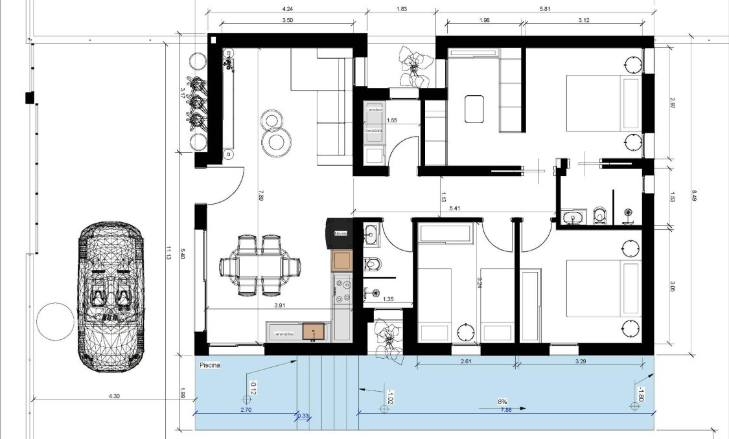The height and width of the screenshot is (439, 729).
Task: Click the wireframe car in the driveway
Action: point(109,297)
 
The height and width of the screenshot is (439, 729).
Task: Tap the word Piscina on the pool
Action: point(210,366)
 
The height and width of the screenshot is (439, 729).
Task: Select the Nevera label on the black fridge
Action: point(340,233)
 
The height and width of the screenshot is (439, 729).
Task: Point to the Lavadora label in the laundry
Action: point(374,110)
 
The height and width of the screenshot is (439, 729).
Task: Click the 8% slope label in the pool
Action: point(502,401)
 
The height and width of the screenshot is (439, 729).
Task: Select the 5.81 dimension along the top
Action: point(544,8)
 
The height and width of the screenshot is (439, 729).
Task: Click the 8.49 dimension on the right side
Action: point(693,194)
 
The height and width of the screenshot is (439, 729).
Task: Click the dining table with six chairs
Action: point(260,266)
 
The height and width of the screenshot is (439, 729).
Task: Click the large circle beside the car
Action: point(56,322)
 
